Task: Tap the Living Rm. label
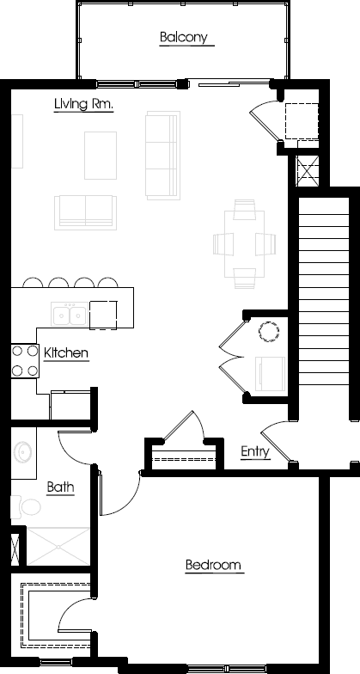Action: [x=84, y=104]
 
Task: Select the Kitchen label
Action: [x=66, y=353]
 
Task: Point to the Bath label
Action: [x=60, y=487]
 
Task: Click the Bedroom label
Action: [x=213, y=564]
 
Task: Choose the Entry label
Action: [x=255, y=452]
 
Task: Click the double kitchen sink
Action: [x=69, y=314]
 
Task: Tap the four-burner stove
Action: [x=25, y=361]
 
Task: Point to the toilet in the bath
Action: [x=26, y=507]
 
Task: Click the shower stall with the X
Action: [x=58, y=546]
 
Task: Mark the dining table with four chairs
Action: [x=244, y=244]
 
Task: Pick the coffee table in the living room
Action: [x=101, y=155]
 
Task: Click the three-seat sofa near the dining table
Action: [x=162, y=155]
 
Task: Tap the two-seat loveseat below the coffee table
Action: [x=86, y=212]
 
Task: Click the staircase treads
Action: [x=323, y=291]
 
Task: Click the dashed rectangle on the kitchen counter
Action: [x=103, y=315]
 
